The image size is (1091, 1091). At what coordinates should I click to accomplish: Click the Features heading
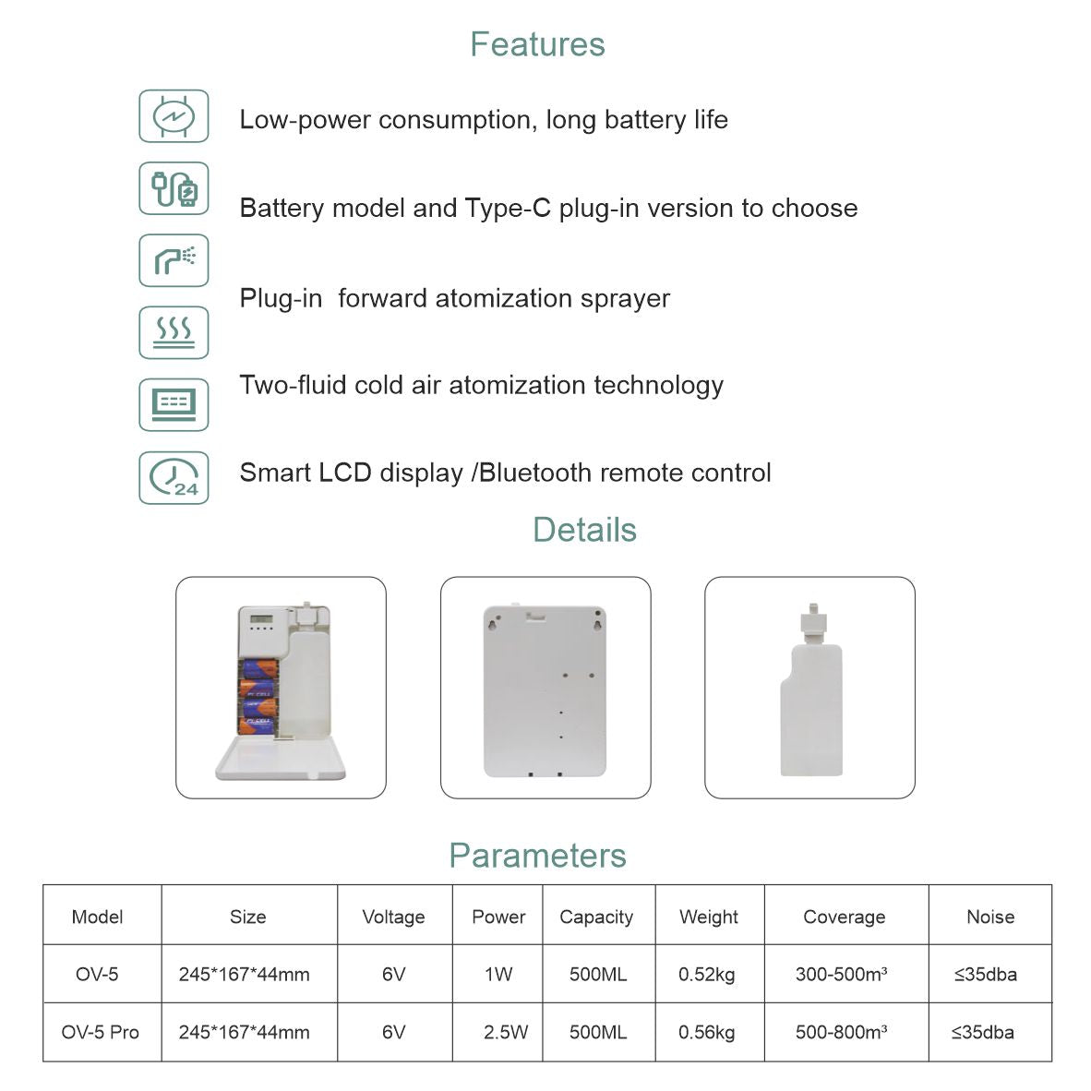(537, 44)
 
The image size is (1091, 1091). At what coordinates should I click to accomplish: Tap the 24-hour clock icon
(174, 477)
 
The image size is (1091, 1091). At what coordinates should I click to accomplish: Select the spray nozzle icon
(174, 260)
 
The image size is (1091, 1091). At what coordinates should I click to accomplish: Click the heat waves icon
(174, 332)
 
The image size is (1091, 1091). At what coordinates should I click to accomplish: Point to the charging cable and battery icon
(174, 188)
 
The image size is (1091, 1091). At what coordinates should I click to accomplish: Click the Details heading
(584, 530)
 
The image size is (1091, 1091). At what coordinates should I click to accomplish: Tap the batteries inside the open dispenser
(258, 697)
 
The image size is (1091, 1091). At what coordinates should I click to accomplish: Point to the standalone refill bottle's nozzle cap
(810, 620)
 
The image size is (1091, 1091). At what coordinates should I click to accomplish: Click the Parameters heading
(537, 856)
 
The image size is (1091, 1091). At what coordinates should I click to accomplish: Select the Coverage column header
(844, 917)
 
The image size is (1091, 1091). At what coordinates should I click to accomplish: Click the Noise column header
(989, 917)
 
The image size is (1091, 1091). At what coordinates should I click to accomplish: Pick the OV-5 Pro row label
(100, 1032)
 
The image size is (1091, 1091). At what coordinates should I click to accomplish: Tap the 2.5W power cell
(506, 1032)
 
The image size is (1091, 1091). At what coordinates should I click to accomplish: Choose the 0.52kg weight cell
(706, 974)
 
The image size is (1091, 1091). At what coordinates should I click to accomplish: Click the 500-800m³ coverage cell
(841, 1032)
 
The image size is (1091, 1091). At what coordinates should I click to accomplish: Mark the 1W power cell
(498, 974)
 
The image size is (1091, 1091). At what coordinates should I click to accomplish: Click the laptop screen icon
(174, 404)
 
